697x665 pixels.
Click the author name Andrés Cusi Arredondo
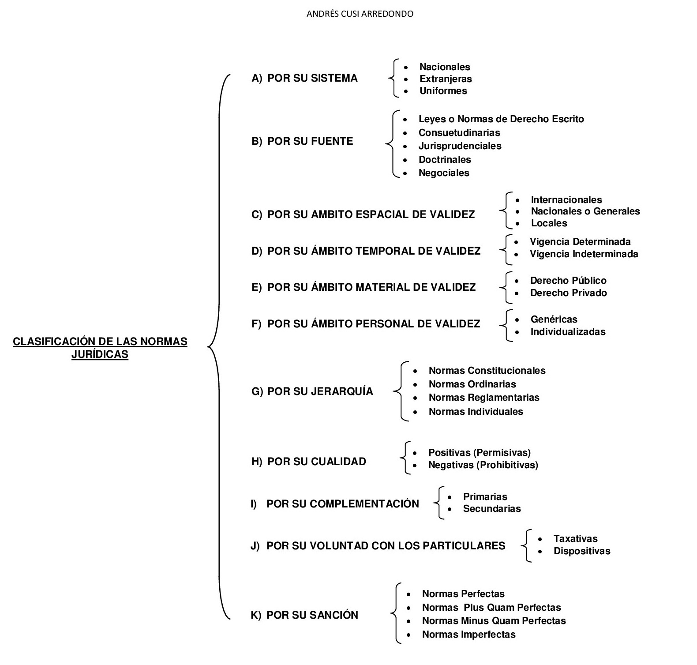pos(360,14)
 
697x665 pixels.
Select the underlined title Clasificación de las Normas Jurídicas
pos(100,348)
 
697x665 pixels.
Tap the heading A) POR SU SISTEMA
pos(304,79)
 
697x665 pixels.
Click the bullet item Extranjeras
pos(446,79)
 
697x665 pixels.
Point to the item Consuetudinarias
pos(459,133)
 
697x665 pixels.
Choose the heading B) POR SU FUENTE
pos(302,141)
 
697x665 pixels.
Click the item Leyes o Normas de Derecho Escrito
pos(501,119)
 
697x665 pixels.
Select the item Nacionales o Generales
pos(585,211)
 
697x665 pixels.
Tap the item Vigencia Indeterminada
pos(584,254)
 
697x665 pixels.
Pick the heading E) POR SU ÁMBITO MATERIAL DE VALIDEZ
pos(363,287)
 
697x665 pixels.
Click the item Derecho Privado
pos(568,293)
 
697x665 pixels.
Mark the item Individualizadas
pos(568,332)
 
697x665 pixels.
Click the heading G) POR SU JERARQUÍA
pos(312,391)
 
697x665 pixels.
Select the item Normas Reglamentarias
pos(484,398)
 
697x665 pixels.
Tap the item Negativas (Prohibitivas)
pos(483,465)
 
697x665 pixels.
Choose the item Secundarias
pos(492,509)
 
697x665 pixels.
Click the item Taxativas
pos(575,539)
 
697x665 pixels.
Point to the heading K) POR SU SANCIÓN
pos(304,615)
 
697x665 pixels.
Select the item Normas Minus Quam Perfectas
pos(494,621)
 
